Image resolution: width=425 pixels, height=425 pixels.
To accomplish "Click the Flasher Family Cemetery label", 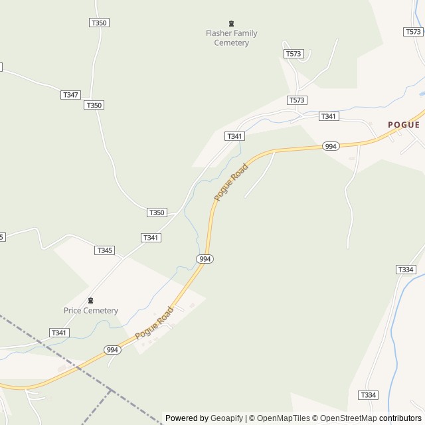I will [231, 38].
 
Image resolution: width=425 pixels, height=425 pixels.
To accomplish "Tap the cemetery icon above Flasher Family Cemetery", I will [231, 23].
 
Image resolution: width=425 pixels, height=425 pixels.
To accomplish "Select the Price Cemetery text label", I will [91, 310].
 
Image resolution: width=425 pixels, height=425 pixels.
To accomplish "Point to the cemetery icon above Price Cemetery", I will [91, 300].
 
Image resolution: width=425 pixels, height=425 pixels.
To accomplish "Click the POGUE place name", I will [404, 124].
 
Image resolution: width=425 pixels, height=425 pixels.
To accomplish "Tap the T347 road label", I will [70, 95].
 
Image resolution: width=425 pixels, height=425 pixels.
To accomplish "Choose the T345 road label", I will [104, 250].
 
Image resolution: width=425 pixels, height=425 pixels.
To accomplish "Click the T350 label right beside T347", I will [94, 105].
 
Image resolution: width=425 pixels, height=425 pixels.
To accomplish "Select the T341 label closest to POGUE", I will [329, 116].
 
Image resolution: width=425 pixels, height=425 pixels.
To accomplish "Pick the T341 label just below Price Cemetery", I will [59, 333].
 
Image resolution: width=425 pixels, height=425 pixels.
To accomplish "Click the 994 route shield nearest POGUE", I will [331, 146].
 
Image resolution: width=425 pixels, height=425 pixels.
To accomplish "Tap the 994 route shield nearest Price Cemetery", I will [112, 349].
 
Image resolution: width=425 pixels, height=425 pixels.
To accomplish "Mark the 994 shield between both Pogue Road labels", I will [205, 258].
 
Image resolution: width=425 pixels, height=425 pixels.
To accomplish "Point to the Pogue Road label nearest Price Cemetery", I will [154, 323].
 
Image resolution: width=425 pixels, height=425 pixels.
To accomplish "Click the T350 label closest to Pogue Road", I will [157, 212].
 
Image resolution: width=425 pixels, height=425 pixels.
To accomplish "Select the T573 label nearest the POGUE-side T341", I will [297, 100].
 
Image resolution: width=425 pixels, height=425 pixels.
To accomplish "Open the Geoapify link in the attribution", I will [226, 418].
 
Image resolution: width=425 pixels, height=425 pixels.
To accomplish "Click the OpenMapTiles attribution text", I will [283, 418].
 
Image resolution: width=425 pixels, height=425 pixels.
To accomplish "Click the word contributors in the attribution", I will [400, 418].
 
